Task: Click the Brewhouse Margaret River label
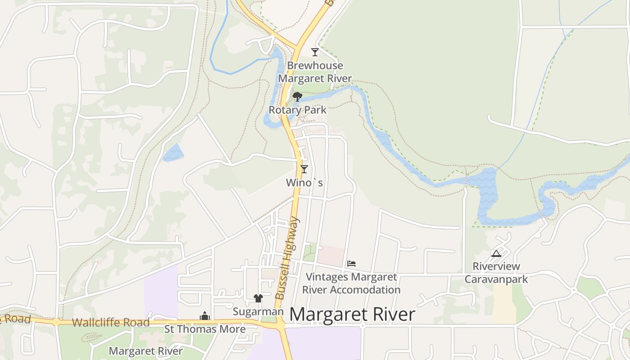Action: click(x=315, y=72)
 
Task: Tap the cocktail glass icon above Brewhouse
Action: click(x=315, y=52)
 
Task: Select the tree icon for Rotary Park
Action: click(x=297, y=96)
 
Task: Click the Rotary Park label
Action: click(x=297, y=110)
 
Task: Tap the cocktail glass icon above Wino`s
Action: click(x=304, y=169)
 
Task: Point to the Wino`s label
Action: click(x=305, y=183)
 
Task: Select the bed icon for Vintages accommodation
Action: click(x=351, y=263)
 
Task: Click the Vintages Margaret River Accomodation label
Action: click(x=351, y=283)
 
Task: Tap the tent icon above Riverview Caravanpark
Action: click(x=496, y=253)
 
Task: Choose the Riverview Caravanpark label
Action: click(x=496, y=273)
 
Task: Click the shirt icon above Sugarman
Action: click(x=258, y=298)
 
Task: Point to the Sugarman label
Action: click(x=258, y=311)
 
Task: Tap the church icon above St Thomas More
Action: click(x=205, y=316)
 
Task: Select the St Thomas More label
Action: click(x=205, y=329)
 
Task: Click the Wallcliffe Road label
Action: click(x=111, y=322)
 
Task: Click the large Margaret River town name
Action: click(x=352, y=315)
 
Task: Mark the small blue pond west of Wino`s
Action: click(x=173, y=153)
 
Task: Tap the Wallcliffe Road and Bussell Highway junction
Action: click(x=280, y=324)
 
